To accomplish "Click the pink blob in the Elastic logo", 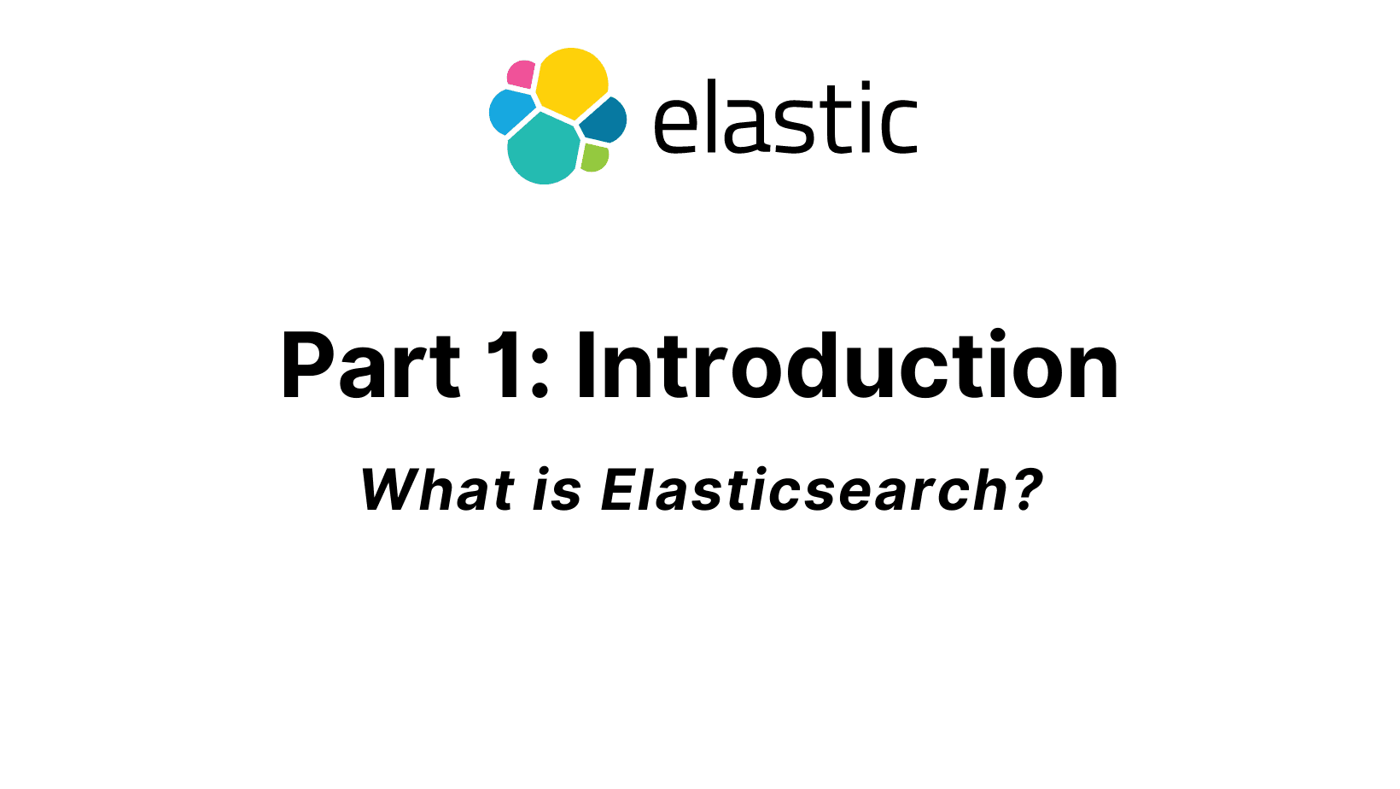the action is point(521,74).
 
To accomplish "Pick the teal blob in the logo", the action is point(543,149).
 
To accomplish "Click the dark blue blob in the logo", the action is point(604,120).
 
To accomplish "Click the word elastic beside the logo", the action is point(785,116).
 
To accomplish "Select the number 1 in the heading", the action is point(506,365).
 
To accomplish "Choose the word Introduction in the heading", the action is point(847,364).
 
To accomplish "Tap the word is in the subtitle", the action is point(557,489).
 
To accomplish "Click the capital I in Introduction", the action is point(586,365).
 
